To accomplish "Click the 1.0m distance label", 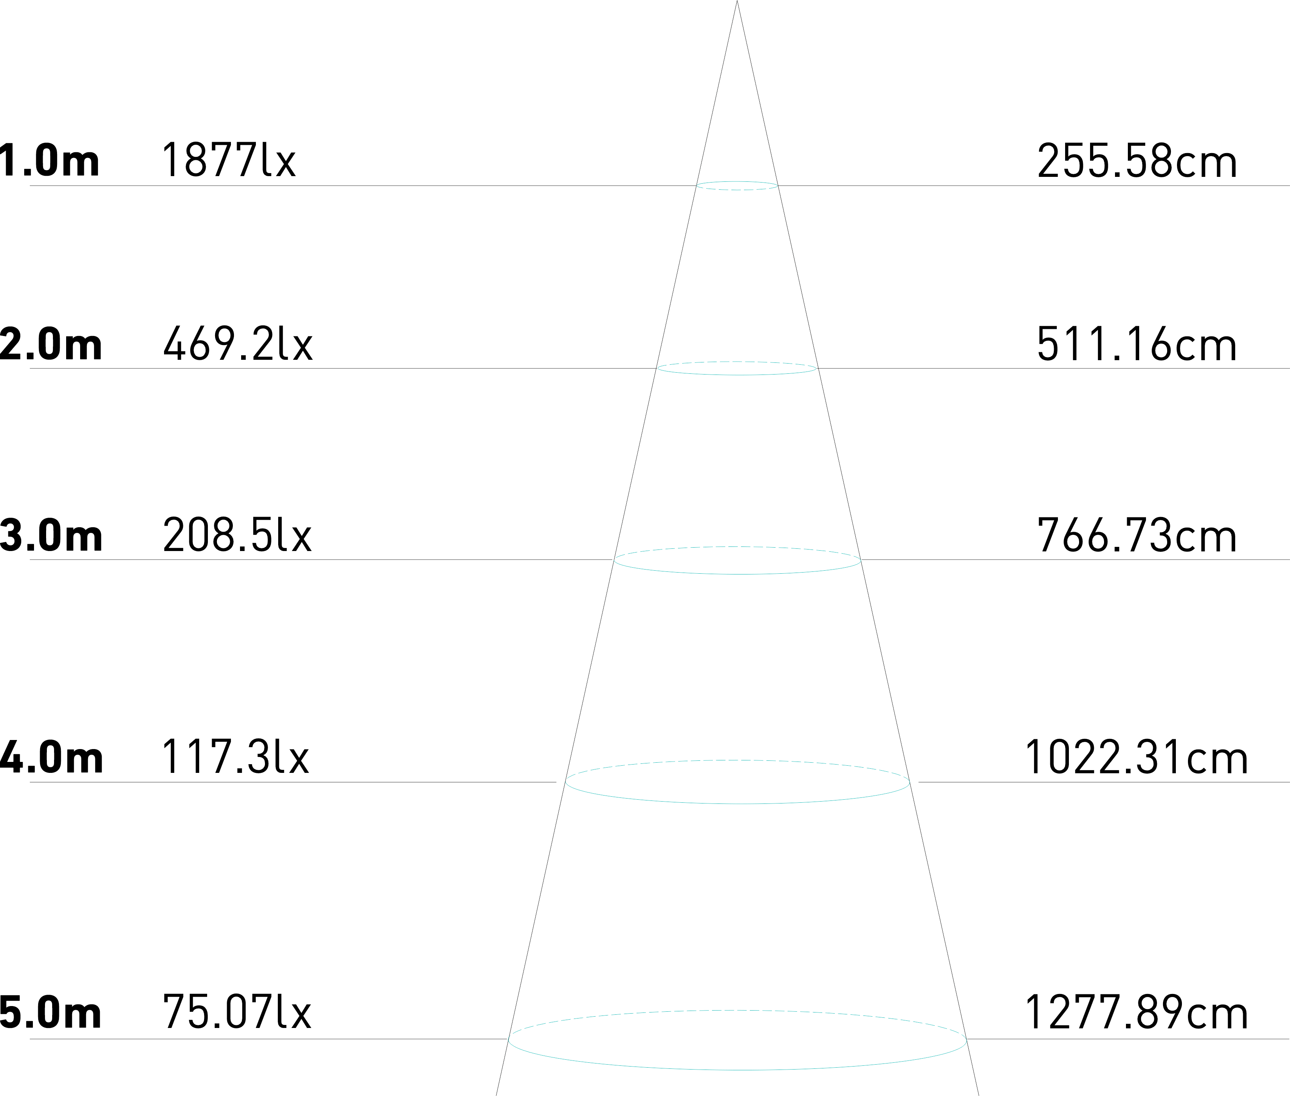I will (x=50, y=160).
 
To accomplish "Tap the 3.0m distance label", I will (x=51, y=536).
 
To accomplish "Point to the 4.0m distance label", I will (x=51, y=758).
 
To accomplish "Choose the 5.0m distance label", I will (x=51, y=1013).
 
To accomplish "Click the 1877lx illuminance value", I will (x=229, y=160).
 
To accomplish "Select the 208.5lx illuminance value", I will (x=237, y=536).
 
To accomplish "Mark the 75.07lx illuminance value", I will (x=237, y=1013).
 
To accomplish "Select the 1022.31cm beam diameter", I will (x=1135, y=758).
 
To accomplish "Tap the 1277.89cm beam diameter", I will (x=1135, y=1013).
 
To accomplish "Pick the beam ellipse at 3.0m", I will (x=737, y=573).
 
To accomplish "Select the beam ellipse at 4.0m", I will (x=737, y=803).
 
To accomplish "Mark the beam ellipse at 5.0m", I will (x=737, y=1069).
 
